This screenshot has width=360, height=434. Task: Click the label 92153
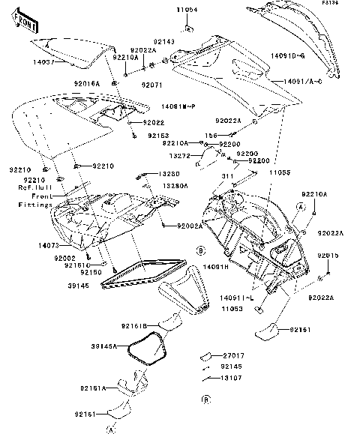[x=158, y=136]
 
